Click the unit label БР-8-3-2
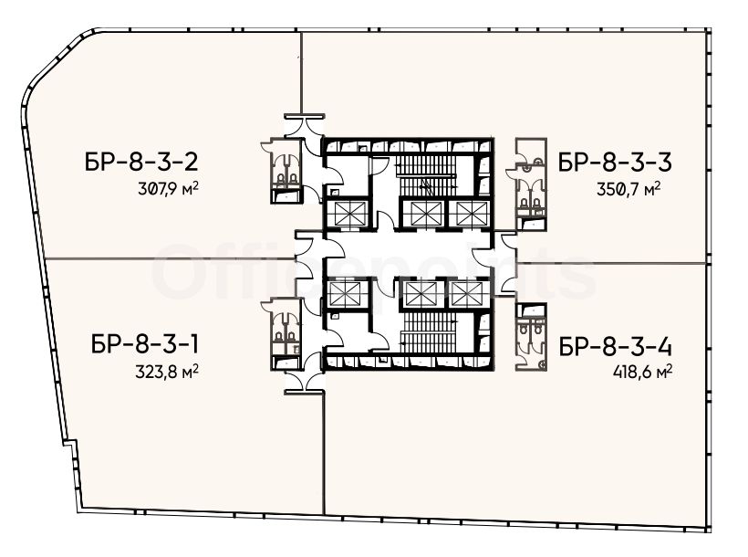141,163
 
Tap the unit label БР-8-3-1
144,344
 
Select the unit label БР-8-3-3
615,163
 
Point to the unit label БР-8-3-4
616,347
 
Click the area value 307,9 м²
168,189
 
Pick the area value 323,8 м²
167,371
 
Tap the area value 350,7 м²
629,189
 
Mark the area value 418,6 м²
642,371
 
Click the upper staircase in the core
427,174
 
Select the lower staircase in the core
430,333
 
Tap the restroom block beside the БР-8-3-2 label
286,171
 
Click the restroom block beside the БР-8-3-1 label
286,334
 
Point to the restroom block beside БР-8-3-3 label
531,184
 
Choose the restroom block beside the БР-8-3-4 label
531,337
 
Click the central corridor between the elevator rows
408,254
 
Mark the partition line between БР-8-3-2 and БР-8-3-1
171,258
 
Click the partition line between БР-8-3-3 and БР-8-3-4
612,263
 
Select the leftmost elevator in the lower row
346,293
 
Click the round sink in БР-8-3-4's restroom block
543,364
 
